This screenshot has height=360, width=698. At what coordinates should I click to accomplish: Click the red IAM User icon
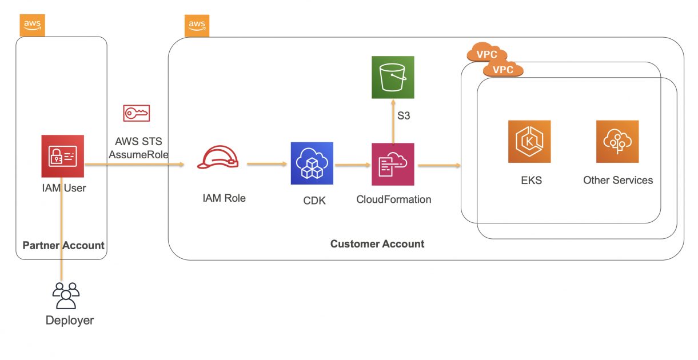click(63, 156)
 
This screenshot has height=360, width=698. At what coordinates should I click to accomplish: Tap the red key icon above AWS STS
click(137, 113)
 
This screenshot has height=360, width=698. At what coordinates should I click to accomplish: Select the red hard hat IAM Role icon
click(218, 158)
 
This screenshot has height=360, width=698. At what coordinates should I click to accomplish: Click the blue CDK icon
click(312, 163)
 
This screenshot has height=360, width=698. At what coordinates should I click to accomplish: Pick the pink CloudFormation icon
click(393, 164)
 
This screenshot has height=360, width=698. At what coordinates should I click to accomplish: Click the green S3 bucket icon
click(393, 77)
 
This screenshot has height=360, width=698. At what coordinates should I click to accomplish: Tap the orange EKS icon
click(529, 142)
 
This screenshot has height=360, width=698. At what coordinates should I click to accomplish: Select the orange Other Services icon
click(617, 142)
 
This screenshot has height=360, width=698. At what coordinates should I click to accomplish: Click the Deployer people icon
click(66, 295)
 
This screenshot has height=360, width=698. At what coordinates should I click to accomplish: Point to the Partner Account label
click(63, 246)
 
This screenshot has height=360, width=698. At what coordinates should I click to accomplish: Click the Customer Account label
click(377, 244)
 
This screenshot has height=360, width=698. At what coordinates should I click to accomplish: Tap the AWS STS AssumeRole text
click(138, 147)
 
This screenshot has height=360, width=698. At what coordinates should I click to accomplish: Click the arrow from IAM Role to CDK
click(266, 164)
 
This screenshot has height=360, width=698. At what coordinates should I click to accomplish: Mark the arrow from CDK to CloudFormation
click(353, 166)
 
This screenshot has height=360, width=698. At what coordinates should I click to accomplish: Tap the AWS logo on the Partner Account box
click(32, 25)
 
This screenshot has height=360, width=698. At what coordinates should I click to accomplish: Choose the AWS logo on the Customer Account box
click(197, 26)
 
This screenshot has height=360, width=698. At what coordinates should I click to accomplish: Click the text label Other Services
click(617, 180)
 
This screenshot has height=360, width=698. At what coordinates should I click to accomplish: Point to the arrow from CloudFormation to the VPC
click(439, 166)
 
